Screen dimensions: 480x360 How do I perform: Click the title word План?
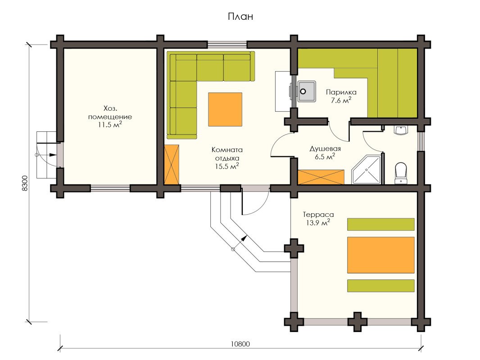point(240,16)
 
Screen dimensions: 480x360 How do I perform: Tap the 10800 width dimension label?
point(240,344)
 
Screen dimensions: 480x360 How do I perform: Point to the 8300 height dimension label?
point(25,183)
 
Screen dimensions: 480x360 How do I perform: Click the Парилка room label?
point(341,92)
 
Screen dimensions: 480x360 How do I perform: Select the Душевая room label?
point(325,149)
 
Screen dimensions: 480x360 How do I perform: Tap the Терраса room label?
point(318,214)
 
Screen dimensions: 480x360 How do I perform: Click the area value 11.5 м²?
point(110,125)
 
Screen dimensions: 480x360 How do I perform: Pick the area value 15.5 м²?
point(227,166)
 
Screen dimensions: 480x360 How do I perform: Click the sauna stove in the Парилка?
point(307,91)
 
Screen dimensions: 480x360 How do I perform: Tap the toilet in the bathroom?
point(401,173)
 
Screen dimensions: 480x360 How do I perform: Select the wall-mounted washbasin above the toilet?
point(401,130)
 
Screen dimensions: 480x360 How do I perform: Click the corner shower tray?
point(366,170)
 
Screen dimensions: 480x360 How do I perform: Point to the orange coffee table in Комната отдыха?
point(225,109)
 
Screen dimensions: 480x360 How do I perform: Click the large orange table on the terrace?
point(381,255)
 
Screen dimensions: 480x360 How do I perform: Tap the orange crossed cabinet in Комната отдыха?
point(172,165)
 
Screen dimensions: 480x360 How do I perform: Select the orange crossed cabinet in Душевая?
point(321,177)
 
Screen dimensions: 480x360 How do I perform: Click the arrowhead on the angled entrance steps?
point(245,238)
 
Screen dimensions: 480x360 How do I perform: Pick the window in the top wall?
point(227,45)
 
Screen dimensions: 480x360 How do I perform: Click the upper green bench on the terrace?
point(381,224)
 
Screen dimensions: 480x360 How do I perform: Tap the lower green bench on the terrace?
point(381,286)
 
